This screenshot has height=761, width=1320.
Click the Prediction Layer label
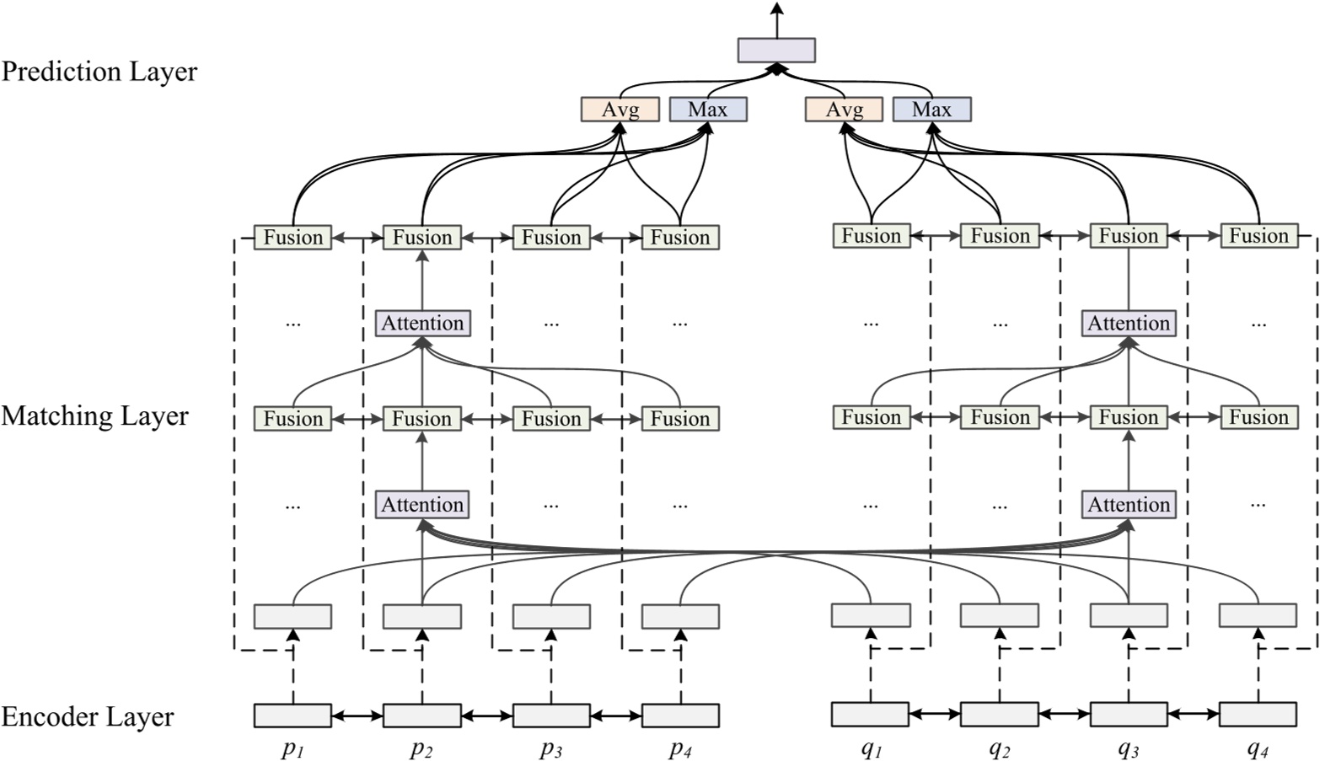99,72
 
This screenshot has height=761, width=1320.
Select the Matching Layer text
94,416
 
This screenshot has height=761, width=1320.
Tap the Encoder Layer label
88,717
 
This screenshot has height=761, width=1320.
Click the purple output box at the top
775,50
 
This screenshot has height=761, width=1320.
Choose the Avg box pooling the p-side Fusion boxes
620,110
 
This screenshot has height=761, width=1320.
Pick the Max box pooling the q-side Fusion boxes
931,110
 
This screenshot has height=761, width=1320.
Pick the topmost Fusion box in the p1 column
292,238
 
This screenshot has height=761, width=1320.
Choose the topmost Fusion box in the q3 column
1129,236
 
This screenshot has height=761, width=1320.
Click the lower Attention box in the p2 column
422,505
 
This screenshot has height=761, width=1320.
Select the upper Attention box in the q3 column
1129,324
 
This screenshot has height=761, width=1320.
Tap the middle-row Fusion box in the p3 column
551,419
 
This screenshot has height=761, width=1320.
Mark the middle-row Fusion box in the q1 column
871,417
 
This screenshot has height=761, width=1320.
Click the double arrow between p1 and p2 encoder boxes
357,716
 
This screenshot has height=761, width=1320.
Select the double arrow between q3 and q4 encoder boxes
1194,715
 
